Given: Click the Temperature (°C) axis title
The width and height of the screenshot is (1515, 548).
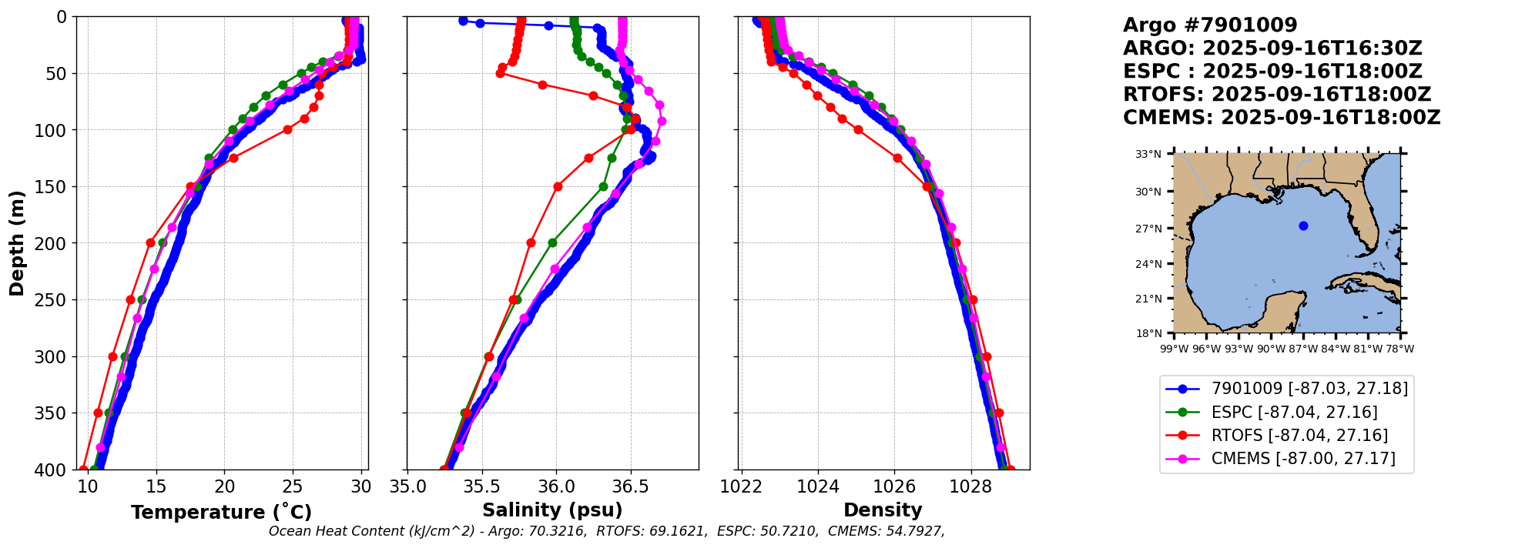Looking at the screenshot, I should coord(221,513).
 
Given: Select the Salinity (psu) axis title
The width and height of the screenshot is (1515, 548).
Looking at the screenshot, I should coord(552,510).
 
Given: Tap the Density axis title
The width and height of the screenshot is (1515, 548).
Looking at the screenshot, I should coord(883,510).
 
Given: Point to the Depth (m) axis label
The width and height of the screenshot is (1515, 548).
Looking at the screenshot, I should coord(17,242).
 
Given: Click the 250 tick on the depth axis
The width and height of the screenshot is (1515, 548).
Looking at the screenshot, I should coord(56,300).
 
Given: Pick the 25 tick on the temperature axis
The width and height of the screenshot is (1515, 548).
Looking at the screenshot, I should coord(293,487).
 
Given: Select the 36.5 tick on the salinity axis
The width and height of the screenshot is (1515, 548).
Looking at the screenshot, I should coord(630,487).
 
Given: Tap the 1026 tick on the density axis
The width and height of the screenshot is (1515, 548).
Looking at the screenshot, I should coord(894,487).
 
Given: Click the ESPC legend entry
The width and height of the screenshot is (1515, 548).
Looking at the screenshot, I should coord(1294,413).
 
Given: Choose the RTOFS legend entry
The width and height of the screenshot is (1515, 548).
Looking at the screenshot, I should coord(1299,436).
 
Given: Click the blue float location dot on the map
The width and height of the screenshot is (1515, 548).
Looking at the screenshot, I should coord(1303,226).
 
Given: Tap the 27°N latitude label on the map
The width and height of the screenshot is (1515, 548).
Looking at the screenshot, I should coord(1148,229).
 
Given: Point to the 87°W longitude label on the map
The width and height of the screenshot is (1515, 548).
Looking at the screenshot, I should coord(1303,349).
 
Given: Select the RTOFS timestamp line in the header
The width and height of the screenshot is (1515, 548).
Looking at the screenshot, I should coord(1276,95).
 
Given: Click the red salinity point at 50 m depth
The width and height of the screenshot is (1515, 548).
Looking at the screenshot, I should coord(500,74).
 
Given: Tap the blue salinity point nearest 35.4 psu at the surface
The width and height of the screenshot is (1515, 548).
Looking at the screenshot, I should coord(463,21).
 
